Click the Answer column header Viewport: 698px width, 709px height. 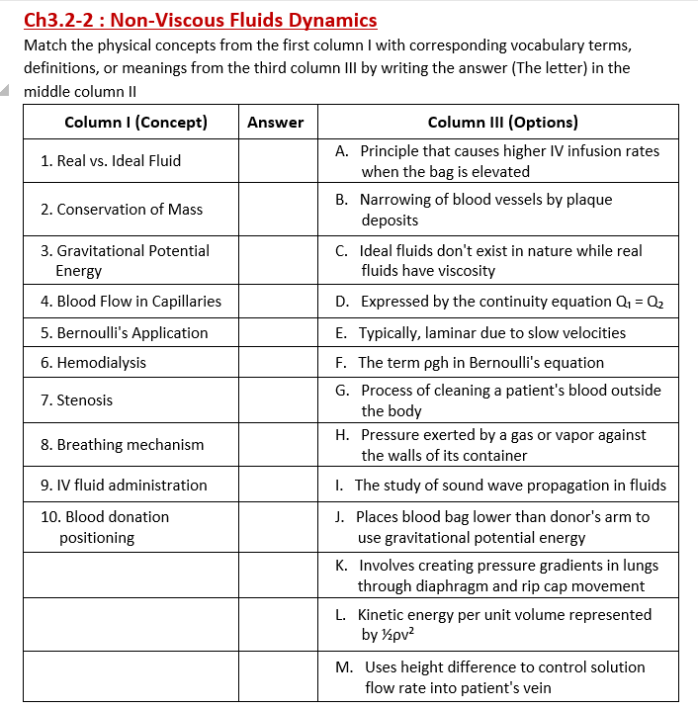coord(276,123)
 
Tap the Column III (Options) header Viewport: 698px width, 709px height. coord(502,123)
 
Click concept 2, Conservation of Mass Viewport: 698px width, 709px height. coord(122,209)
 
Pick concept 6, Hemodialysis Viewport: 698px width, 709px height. coord(93,362)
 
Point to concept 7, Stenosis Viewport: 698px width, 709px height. coord(77,399)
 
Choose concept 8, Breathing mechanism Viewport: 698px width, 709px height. coord(123,444)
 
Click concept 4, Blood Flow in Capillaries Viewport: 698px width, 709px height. coord(131,301)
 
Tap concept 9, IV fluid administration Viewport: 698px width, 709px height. coord(124,485)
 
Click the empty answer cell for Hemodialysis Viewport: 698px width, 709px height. coord(277,362)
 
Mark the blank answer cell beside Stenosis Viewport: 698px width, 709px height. coord(277,399)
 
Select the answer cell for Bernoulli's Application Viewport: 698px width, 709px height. coord(277,332)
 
